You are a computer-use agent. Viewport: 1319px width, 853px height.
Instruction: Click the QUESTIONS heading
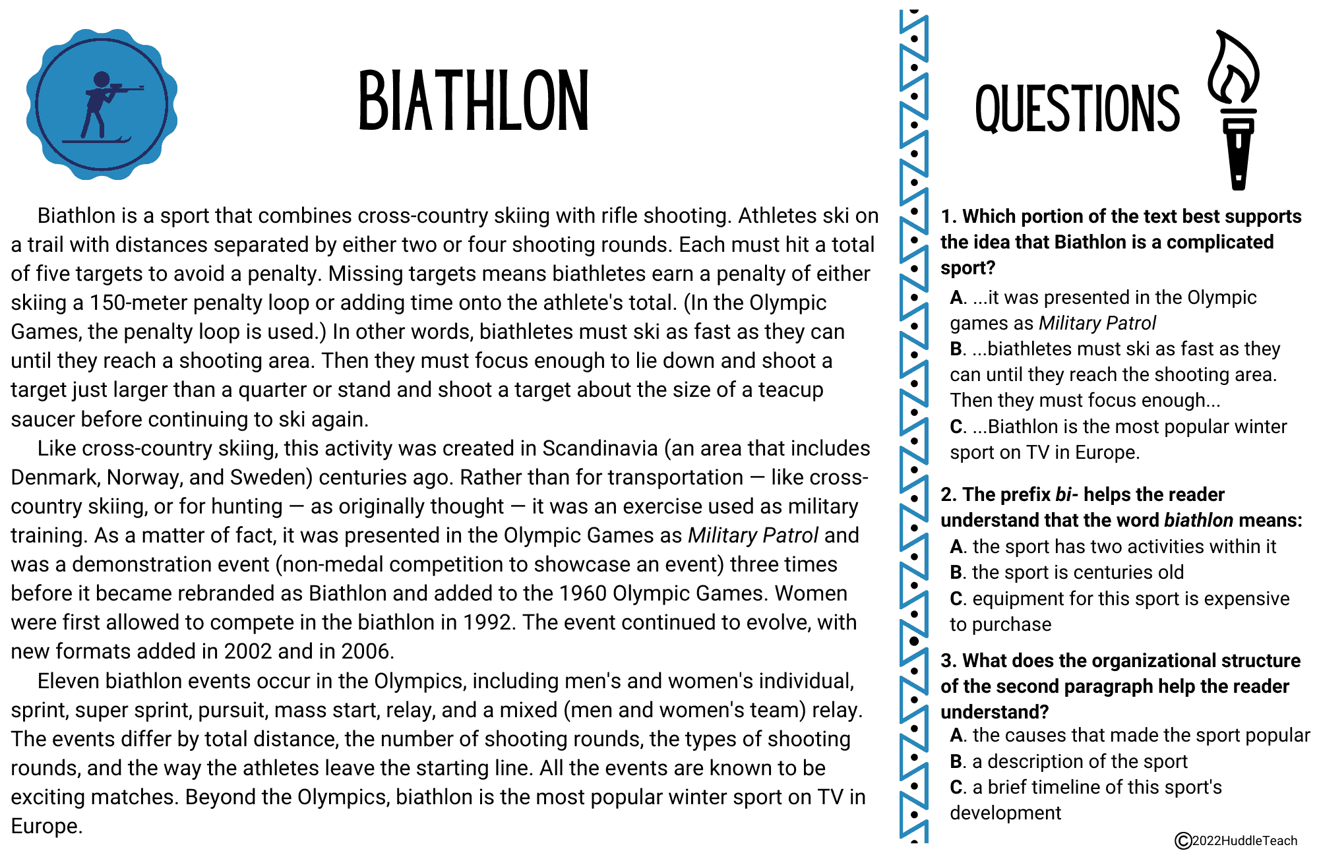pos(1077,109)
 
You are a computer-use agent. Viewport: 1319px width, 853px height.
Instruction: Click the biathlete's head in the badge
pos(102,79)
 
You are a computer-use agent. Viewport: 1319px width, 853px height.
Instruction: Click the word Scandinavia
pos(599,448)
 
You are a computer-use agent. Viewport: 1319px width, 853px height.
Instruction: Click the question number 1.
pos(948,217)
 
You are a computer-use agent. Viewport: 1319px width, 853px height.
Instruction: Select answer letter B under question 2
pos(957,572)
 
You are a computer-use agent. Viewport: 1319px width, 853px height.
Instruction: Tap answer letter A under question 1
pos(957,298)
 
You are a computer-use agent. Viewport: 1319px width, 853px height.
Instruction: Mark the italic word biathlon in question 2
pos(1198,521)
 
